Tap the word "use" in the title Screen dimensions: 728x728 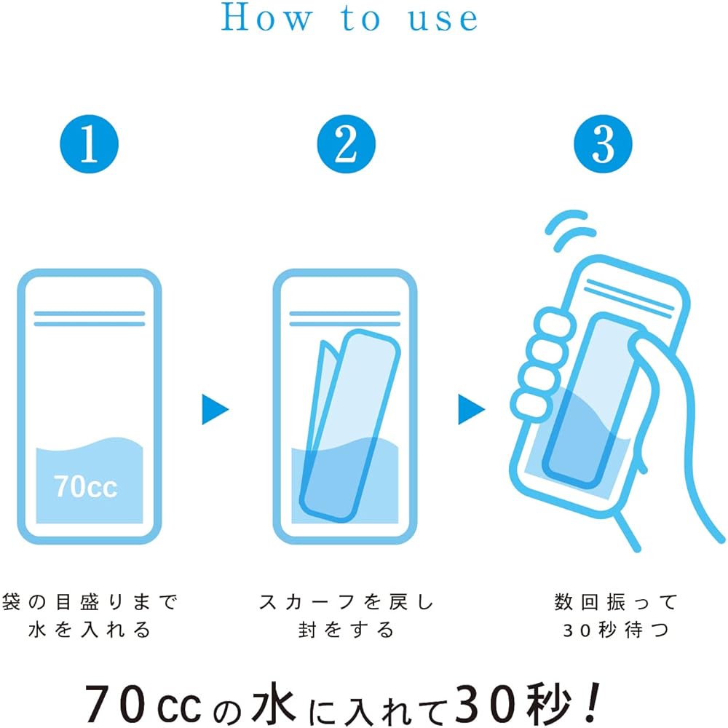coord(443,20)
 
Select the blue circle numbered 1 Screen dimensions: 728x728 coord(89,144)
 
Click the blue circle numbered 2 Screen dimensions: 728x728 coord(347,144)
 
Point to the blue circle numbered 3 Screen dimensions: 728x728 coord(603,144)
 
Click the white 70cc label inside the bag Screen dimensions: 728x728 coord(86,486)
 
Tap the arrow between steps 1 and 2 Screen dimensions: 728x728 coord(215,409)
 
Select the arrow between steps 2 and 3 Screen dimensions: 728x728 coord(471,409)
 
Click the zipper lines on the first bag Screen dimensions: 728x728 coord(90,319)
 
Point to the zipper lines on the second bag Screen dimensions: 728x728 coord(345,319)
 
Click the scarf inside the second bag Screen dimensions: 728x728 coord(349,425)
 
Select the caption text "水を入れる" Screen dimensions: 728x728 coord(89,630)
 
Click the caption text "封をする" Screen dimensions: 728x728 coord(347,630)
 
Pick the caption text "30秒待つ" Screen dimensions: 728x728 coord(616,630)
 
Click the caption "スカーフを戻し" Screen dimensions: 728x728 coord(347,602)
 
